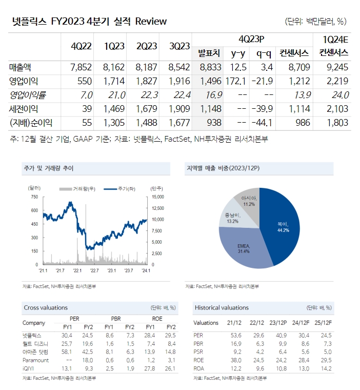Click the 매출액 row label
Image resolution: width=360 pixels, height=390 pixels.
pos(20,67)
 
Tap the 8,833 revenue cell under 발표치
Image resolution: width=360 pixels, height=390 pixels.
pos(210,67)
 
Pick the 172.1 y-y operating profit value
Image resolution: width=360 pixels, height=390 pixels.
pos(236,81)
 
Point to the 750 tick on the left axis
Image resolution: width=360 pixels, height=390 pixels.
pos(34,197)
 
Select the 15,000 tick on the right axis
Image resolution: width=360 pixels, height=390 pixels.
pos(157,197)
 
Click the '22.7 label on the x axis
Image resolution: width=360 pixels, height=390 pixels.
pos(94,270)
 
